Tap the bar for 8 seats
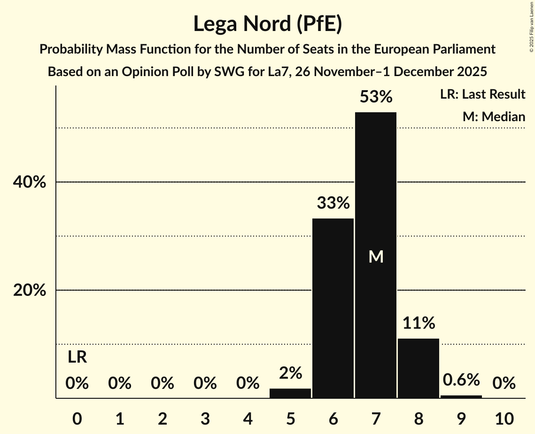tap(419, 368)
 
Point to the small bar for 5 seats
tap(290, 393)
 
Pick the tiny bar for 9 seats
tap(461, 397)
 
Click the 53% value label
tap(376, 97)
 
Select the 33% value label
tap(333, 203)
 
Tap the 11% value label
tap(419, 323)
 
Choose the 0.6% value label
tap(461, 380)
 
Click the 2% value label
tap(290, 373)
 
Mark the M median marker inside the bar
tap(376, 256)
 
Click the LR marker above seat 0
tap(77, 357)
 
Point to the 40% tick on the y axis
tap(29, 182)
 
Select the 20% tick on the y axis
tap(29, 291)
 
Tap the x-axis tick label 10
tap(504, 418)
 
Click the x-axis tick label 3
tap(205, 418)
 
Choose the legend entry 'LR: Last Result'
tap(482, 94)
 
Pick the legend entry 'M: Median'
tap(494, 116)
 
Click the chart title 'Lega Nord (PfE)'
tap(267, 24)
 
